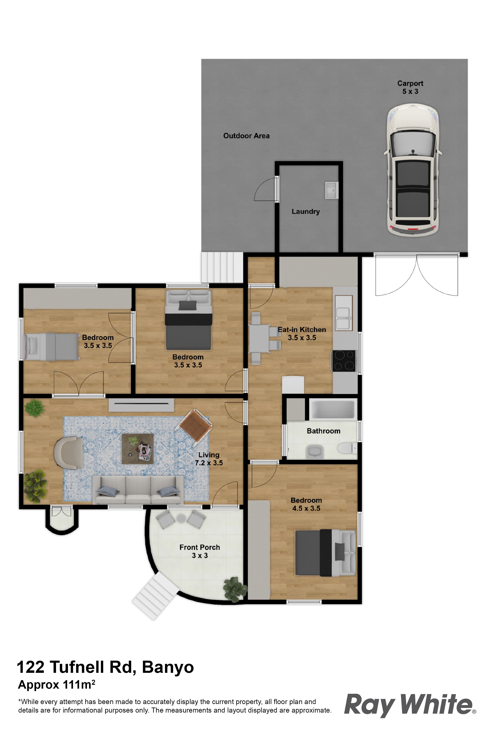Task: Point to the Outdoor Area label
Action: click(246, 136)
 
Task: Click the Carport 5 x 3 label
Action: click(410, 87)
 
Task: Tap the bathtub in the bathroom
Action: click(332, 409)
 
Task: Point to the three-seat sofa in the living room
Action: click(138, 490)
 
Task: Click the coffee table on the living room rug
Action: click(138, 449)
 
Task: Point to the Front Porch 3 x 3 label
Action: click(199, 551)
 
